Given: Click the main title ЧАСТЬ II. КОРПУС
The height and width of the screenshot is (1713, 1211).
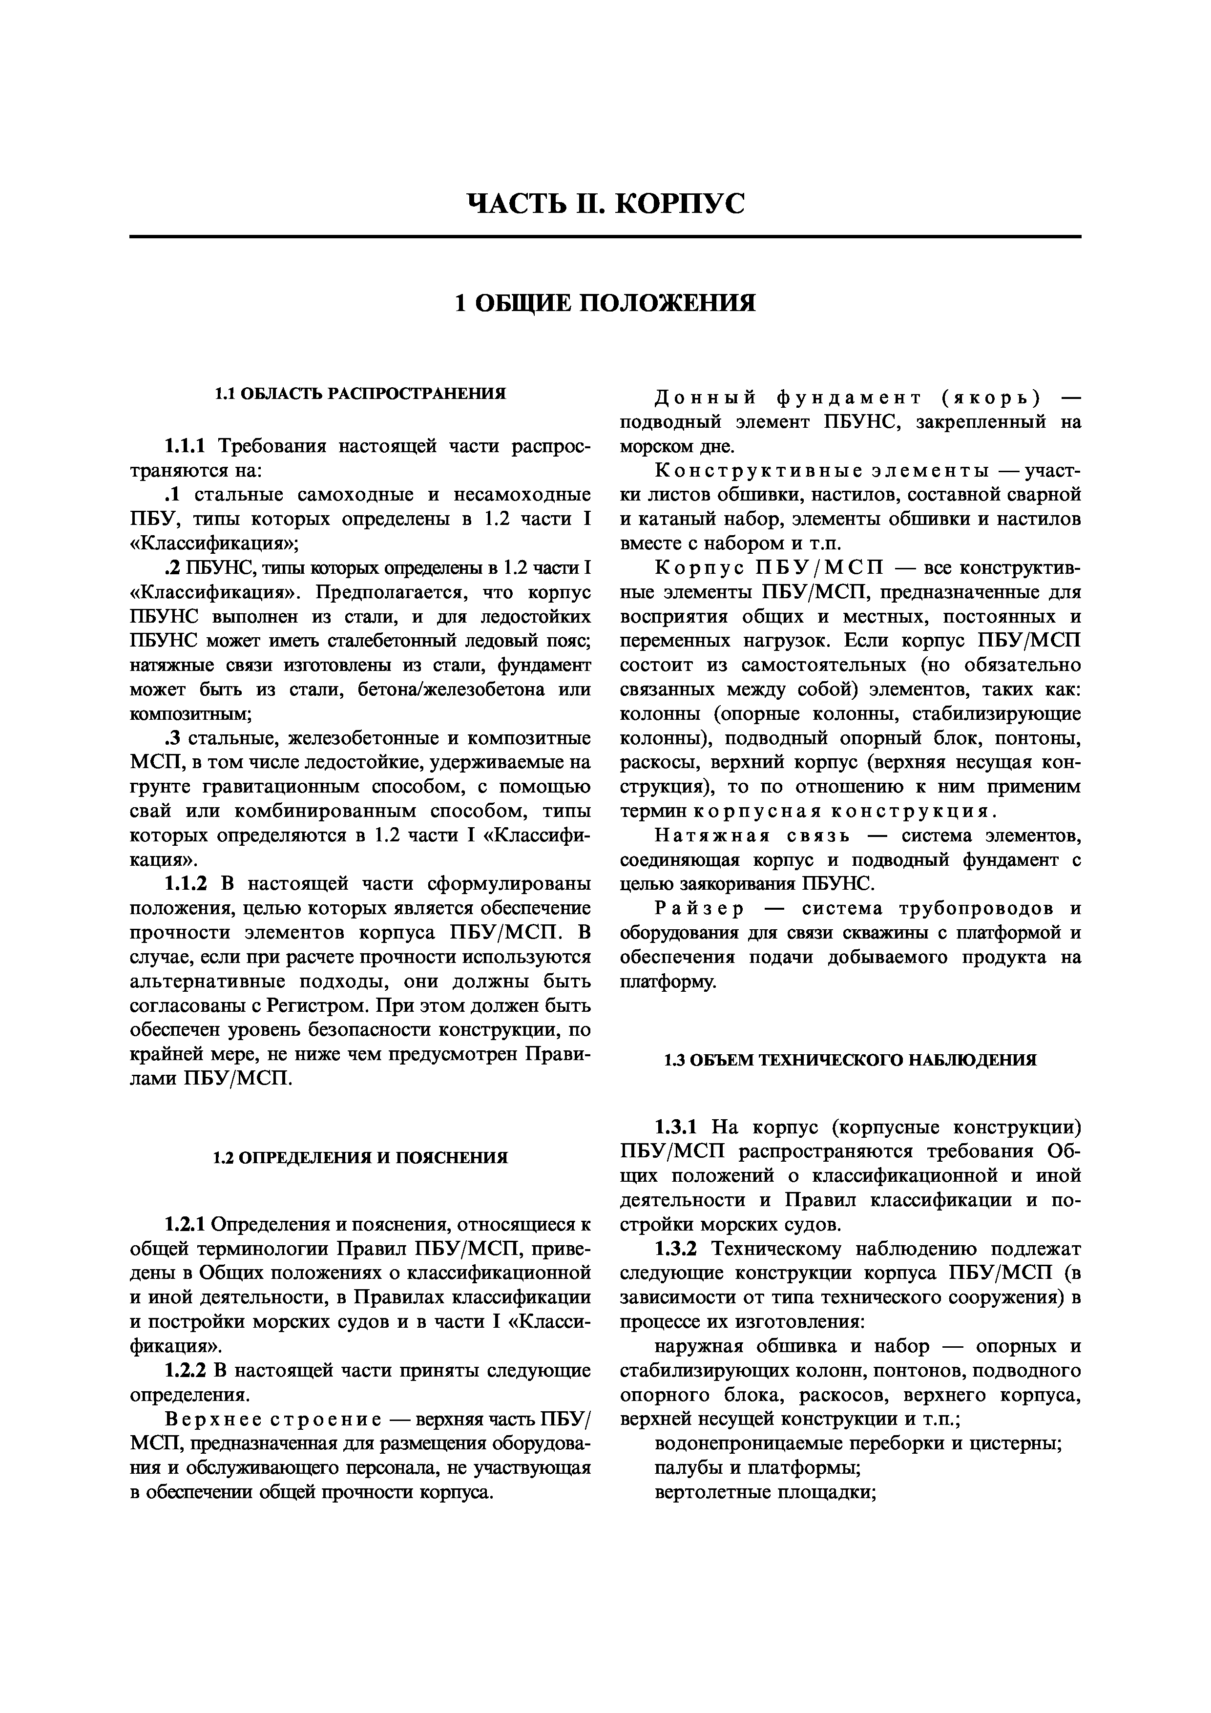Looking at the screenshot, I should (605, 204).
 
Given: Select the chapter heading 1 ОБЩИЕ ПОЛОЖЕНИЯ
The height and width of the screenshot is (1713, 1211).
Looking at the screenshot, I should (605, 303).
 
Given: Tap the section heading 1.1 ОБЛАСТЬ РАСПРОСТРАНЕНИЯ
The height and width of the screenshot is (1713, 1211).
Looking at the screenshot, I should (360, 393).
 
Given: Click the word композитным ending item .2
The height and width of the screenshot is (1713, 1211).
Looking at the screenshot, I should (189, 714).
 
